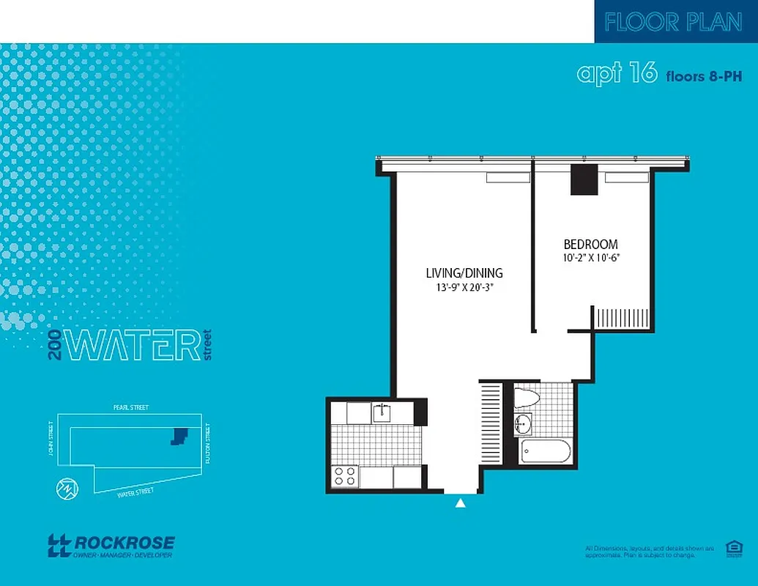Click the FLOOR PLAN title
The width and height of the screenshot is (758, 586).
click(x=673, y=22)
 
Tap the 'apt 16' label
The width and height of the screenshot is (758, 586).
click(x=617, y=74)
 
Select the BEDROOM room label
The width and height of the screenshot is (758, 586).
click(x=590, y=245)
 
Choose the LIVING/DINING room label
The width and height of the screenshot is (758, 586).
click(x=464, y=273)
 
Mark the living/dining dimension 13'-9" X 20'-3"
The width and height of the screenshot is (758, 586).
click(x=464, y=287)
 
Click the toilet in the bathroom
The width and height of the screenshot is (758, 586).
click(x=527, y=397)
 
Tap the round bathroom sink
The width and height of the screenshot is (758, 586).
click(x=523, y=423)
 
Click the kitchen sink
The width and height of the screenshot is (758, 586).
click(x=382, y=413)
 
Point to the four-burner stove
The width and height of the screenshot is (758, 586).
click(x=345, y=477)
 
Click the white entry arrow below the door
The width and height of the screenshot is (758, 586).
click(x=461, y=503)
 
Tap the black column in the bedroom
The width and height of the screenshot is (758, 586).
click(x=584, y=179)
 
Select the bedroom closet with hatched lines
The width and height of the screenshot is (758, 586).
click(x=621, y=319)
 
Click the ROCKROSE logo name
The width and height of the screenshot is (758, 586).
click(x=125, y=543)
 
